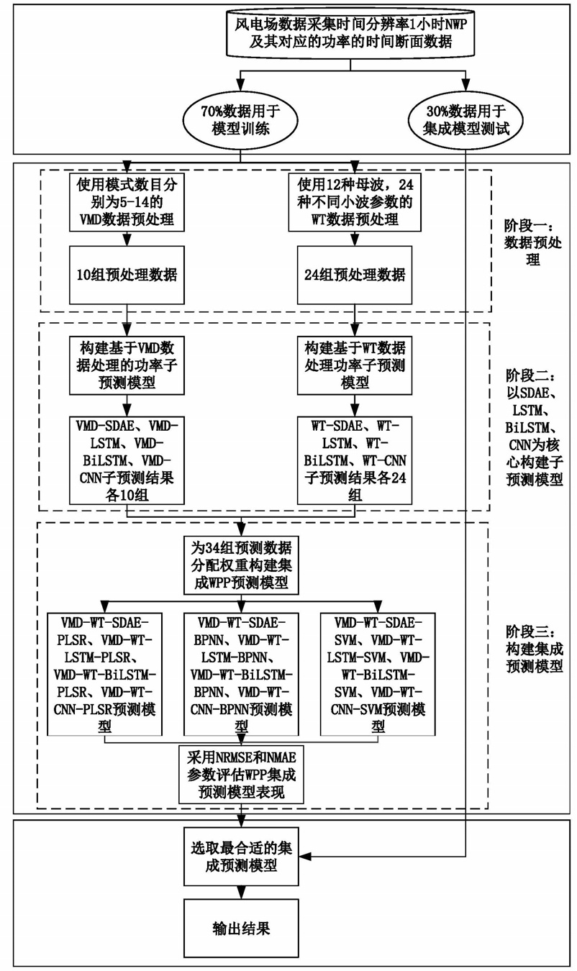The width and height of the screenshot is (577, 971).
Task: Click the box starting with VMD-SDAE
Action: pyautogui.click(x=127, y=458)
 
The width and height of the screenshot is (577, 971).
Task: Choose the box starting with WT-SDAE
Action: pyautogui.click(x=353, y=458)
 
